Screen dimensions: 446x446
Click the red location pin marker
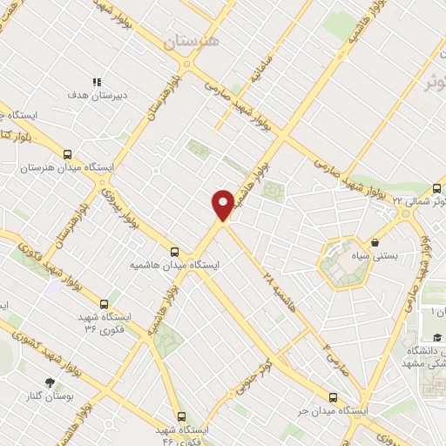tap(223, 205)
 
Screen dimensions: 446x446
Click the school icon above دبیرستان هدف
tap(98, 81)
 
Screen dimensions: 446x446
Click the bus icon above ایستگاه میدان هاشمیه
tap(175, 250)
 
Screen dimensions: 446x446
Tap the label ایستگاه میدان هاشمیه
tap(175, 263)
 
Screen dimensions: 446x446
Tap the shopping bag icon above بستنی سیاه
tap(375, 243)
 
